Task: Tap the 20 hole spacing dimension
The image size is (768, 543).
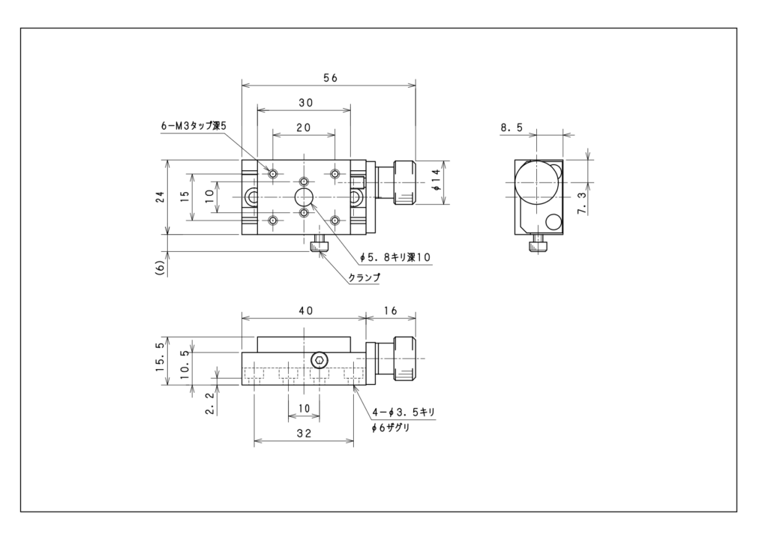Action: click(303, 128)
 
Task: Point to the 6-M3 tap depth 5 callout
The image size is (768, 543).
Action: click(193, 127)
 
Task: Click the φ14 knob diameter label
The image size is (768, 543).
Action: click(436, 182)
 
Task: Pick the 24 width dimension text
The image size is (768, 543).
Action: click(159, 197)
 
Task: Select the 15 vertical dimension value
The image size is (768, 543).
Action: click(185, 197)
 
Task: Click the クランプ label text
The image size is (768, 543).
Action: click(364, 277)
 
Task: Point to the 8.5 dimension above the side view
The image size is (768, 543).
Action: click(512, 128)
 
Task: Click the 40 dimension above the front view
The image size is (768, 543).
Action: click(304, 310)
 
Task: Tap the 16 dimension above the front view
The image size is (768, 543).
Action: click(391, 310)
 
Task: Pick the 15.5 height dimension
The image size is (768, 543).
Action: click(159, 361)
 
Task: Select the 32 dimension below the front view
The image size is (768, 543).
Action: click(304, 433)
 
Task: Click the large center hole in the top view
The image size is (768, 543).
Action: click(304, 197)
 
